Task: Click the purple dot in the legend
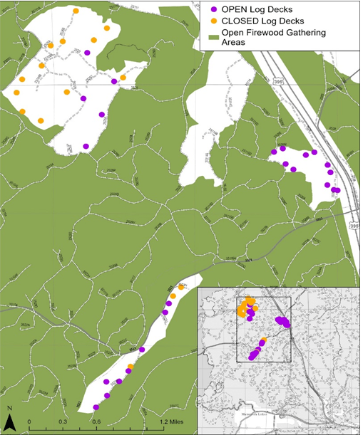(x=215, y=9)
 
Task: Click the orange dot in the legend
(x=215, y=21)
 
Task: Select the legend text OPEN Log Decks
(x=254, y=9)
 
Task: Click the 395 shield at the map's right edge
(x=354, y=225)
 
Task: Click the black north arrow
(x=9, y=421)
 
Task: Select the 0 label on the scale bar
(x=29, y=422)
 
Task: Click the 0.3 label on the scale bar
(x=62, y=422)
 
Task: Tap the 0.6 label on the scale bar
(x=96, y=422)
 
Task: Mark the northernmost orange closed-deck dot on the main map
(x=76, y=11)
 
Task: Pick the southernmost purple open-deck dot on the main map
(x=96, y=407)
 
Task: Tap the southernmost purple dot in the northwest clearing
(x=86, y=147)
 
